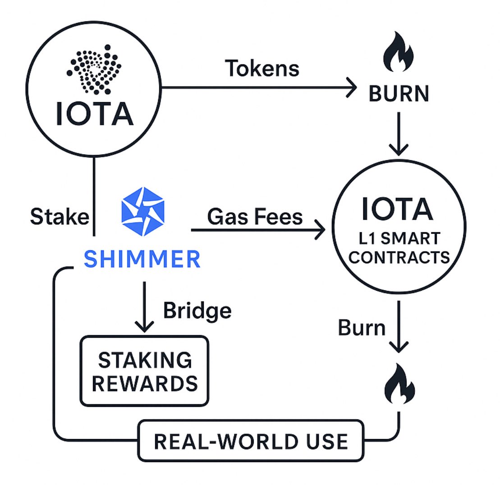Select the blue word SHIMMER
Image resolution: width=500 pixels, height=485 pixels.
click(x=142, y=259)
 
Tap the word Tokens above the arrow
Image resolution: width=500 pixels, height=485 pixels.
click(x=262, y=69)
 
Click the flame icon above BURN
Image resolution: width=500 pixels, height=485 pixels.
click(x=399, y=53)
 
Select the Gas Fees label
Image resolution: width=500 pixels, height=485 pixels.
click(x=255, y=217)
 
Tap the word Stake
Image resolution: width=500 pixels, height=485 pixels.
click(x=59, y=217)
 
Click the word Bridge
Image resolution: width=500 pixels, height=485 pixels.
click(x=197, y=311)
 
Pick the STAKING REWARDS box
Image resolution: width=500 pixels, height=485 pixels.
click(x=144, y=371)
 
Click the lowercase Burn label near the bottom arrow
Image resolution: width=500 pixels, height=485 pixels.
click(x=362, y=329)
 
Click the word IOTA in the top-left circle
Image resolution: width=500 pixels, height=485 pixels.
click(x=95, y=114)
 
